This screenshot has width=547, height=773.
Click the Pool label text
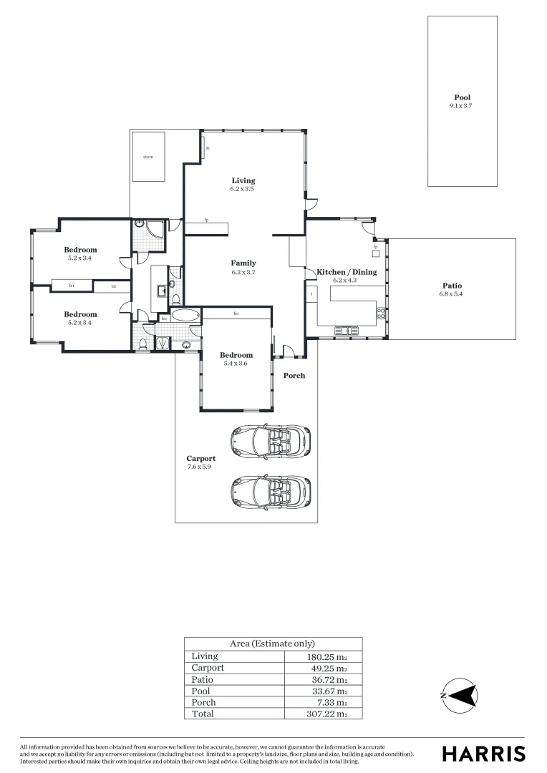pyautogui.click(x=462, y=97)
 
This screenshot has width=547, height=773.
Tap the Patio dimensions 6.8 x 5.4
pyautogui.click(x=451, y=294)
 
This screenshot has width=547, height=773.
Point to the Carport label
pyautogui.click(x=201, y=458)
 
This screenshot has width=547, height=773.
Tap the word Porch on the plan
pyautogui.click(x=294, y=375)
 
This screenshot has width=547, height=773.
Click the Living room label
pyautogui.click(x=243, y=180)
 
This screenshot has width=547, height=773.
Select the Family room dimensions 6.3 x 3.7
pyautogui.click(x=243, y=272)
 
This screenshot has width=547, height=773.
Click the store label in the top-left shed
pyautogui.click(x=147, y=156)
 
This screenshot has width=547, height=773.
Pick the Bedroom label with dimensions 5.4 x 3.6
pyautogui.click(x=236, y=355)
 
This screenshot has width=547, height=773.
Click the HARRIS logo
pyautogui.click(x=483, y=753)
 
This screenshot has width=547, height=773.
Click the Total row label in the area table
pyautogui.click(x=203, y=714)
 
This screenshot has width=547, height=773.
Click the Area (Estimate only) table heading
pyautogui.click(x=272, y=643)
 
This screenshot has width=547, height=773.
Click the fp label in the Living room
pyautogui.click(x=206, y=220)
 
